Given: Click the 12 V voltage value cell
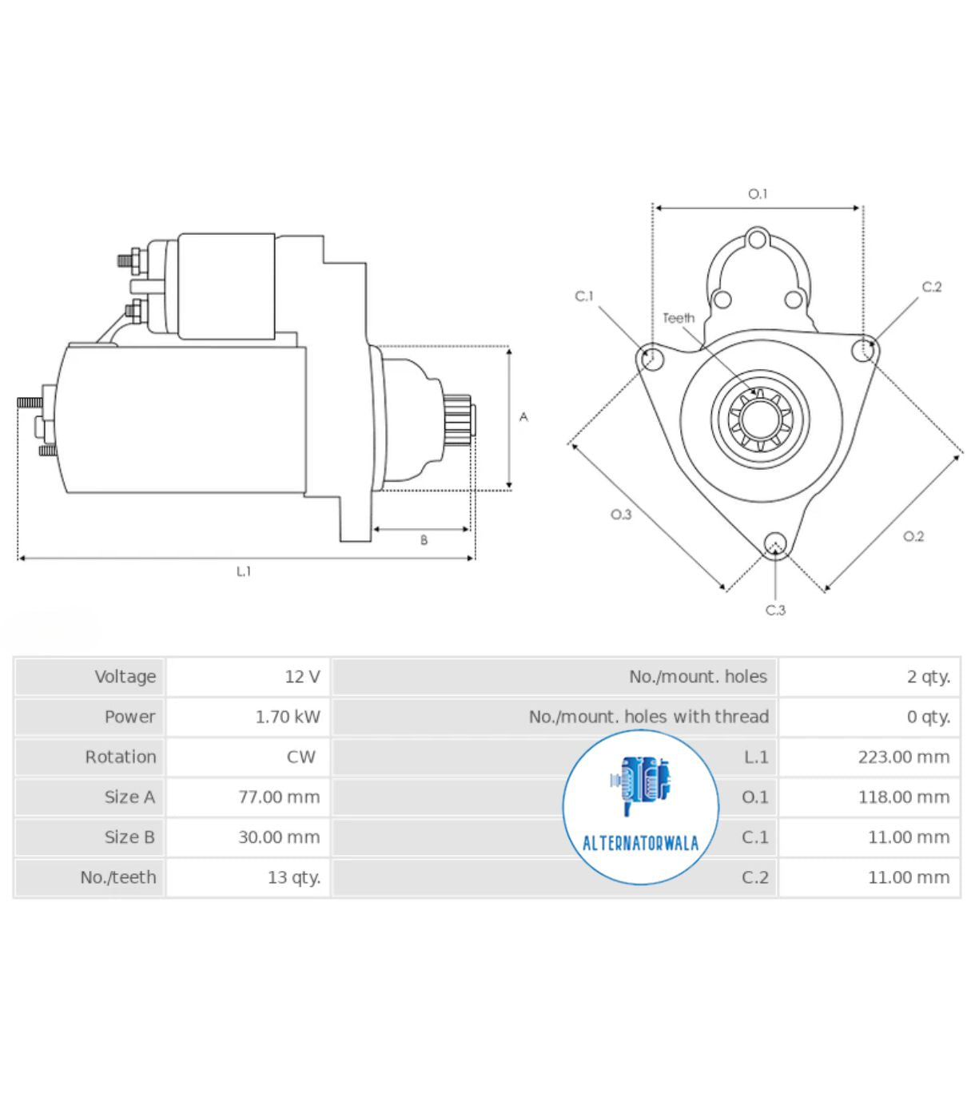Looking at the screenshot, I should click(302, 677).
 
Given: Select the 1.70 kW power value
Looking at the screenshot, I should click(287, 717).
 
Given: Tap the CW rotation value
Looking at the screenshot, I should click(300, 757).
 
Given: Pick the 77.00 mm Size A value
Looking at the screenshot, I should click(278, 797).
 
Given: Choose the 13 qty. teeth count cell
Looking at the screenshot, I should click(293, 877).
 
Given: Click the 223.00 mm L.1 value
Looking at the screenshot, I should click(903, 757).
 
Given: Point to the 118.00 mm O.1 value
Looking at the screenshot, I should click(903, 797).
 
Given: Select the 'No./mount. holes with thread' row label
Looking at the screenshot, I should click(648, 717).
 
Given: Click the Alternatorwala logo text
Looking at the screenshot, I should click(640, 843).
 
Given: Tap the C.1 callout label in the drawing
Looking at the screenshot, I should click(584, 296).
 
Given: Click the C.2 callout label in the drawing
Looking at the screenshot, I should click(932, 287).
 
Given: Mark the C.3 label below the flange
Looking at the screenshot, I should click(775, 610).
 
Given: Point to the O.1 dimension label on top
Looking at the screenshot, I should click(757, 194).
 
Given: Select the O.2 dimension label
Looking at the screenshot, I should click(913, 536).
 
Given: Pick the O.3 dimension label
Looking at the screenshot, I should click(621, 515).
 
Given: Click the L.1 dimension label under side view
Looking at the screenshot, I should click(244, 571).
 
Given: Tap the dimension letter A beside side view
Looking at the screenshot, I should click(523, 417).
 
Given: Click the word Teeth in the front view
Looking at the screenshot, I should click(679, 318).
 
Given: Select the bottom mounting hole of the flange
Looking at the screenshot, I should click(774, 545).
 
